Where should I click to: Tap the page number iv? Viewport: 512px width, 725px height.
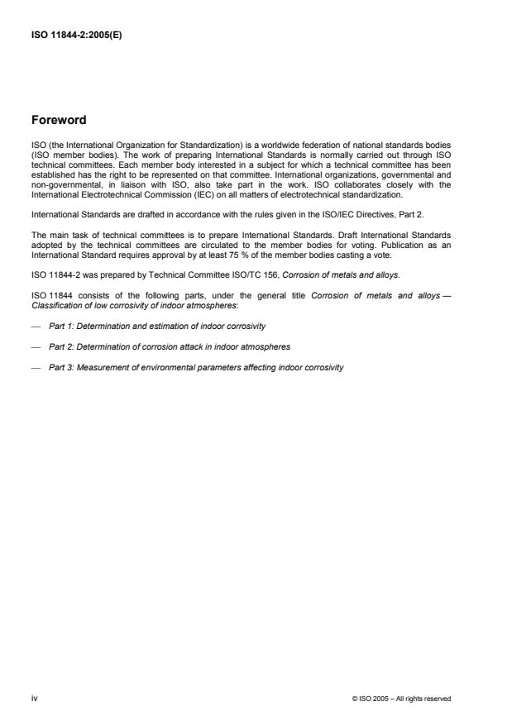34,699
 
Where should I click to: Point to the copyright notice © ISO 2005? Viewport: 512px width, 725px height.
401,699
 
